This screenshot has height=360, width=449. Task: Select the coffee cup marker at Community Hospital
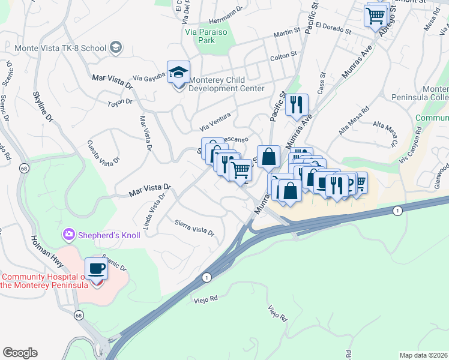(96, 268)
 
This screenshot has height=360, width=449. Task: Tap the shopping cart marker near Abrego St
(375, 14)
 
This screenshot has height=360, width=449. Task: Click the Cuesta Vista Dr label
(103, 152)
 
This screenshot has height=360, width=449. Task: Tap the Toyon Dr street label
(120, 103)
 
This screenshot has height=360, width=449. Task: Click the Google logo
(20, 353)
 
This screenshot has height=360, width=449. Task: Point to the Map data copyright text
(423, 355)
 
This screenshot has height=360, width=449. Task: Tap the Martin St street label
(286, 33)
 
